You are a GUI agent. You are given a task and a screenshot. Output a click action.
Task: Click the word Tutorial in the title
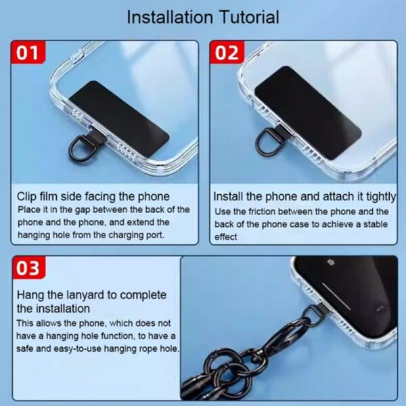pyautogui.click(x=242, y=16)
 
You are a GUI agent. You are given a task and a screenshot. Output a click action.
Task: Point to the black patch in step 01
pyautogui.click(x=128, y=117)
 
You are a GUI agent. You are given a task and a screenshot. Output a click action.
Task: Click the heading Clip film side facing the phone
pyautogui.click(x=93, y=196)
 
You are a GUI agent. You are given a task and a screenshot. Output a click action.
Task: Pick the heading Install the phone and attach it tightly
pyautogui.click(x=304, y=196)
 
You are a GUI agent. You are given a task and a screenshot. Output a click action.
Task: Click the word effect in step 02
pyautogui.click(x=226, y=238)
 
